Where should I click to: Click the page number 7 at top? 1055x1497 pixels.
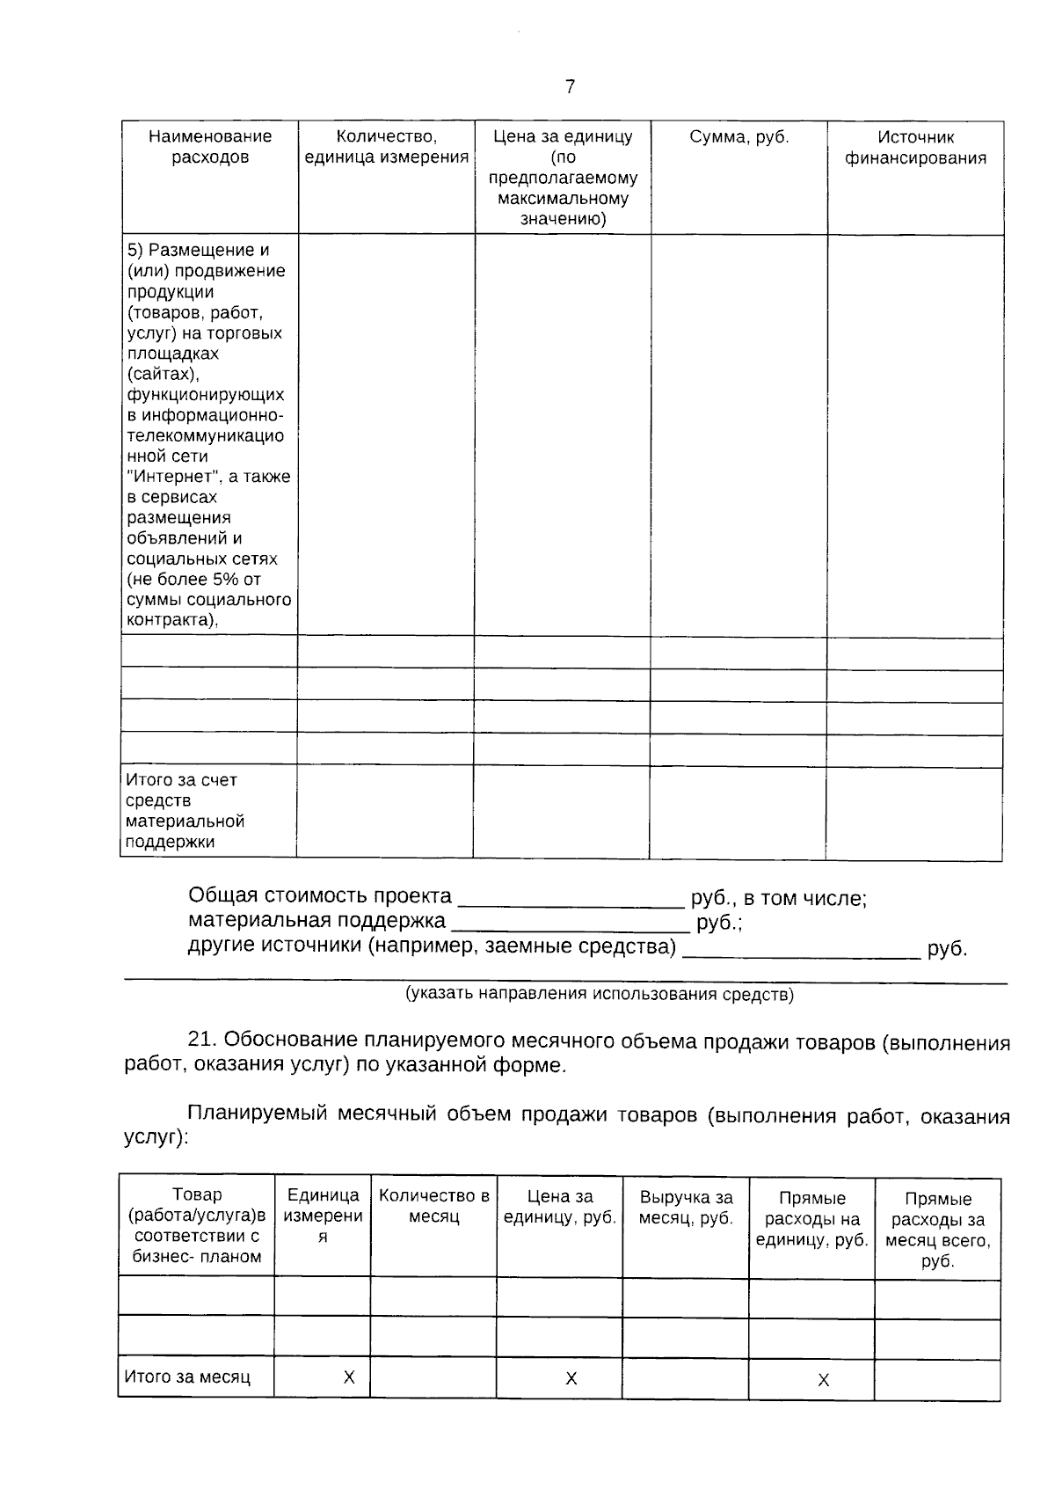(x=570, y=86)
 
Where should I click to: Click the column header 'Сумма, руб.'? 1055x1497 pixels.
(x=738, y=137)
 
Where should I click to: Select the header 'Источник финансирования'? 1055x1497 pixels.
(x=915, y=148)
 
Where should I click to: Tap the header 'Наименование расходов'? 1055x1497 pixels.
(x=210, y=147)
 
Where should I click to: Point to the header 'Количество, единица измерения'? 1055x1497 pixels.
(x=386, y=147)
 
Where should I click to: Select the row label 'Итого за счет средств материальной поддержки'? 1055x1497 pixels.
(x=185, y=810)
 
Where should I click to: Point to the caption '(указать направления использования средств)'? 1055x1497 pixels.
(x=599, y=995)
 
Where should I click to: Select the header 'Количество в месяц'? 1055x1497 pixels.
(x=433, y=1207)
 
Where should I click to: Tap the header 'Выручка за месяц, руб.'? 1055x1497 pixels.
(x=686, y=1208)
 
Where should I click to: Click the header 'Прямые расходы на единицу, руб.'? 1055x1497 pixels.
(x=811, y=1219)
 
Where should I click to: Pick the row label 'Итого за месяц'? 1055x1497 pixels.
(x=187, y=1377)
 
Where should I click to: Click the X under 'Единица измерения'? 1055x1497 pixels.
(x=349, y=1377)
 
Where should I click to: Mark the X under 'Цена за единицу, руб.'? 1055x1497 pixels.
(x=571, y=1379)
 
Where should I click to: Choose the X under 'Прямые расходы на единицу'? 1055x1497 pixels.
(x=823, y=1381)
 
